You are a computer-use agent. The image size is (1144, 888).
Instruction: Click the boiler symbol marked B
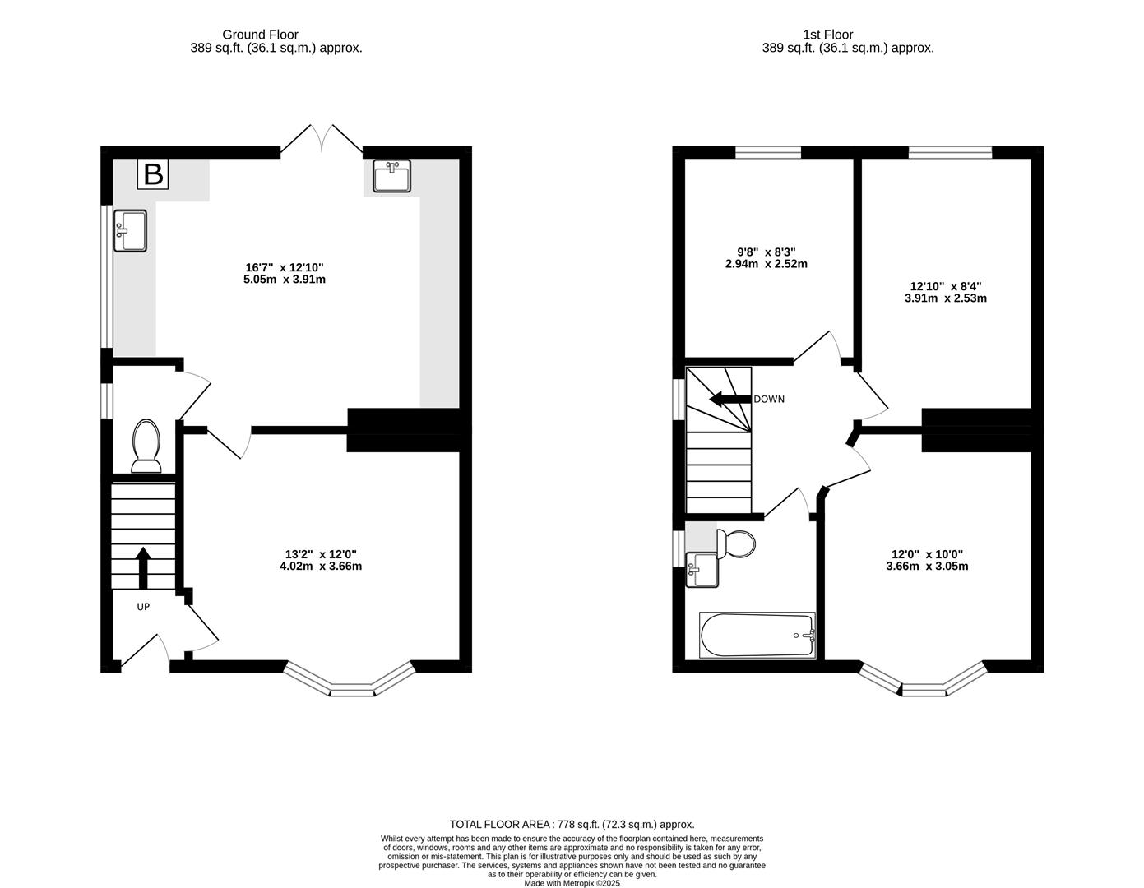(x=154, y=173)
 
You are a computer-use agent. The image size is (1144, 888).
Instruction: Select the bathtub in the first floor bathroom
(x=757, y=635)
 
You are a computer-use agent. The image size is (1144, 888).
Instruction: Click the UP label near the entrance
(x=143, y=607)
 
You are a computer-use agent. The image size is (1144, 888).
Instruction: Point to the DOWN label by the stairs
(x=769, y=400)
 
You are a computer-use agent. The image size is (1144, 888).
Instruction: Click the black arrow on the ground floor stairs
(x=143, y=567)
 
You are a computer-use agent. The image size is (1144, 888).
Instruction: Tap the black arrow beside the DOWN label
(x=730, y=400)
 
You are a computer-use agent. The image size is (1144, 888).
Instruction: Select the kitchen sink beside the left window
(x=130, y=230)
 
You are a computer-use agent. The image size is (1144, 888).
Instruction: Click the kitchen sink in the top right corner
(x=391, y=176)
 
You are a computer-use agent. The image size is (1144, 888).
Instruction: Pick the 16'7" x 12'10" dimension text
(x=285, y=273)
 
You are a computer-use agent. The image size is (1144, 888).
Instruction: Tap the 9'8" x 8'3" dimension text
(x=760, y=258)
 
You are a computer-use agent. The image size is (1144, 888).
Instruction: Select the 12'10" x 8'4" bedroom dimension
(x=945, y=292)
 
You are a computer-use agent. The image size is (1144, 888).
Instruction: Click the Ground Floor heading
(x=260, y=35)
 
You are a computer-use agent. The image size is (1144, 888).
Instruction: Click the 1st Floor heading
(x=828, y=35)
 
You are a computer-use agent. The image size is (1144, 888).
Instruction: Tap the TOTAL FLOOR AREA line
(x=572, y=824)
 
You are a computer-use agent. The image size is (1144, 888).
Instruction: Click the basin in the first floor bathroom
(x=702, y=571)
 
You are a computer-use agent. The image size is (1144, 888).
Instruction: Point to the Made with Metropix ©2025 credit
(x=572, y=883)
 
